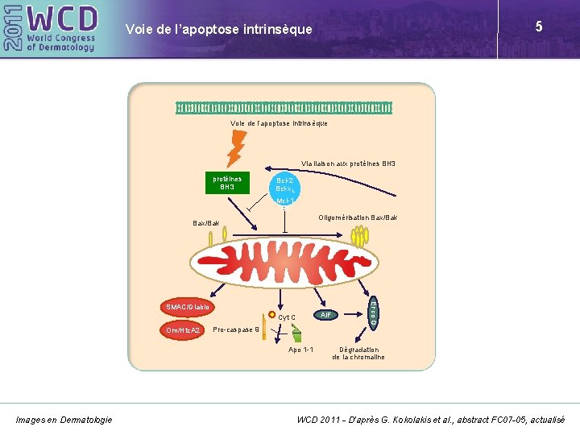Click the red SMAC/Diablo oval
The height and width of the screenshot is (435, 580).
[188, 307]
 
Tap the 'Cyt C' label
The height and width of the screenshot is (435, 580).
[288, 317]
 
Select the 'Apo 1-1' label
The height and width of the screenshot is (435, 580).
[300, 350]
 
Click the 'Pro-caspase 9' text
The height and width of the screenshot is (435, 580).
[236, 329]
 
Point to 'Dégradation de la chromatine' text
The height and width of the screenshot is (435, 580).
[358, 353]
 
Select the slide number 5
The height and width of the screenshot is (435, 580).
[538, 27]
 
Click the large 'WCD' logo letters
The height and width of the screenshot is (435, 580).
[63, 18]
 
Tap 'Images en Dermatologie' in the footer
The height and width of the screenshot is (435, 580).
[64, 419]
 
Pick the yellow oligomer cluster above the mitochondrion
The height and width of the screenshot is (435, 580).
[359, 234]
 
